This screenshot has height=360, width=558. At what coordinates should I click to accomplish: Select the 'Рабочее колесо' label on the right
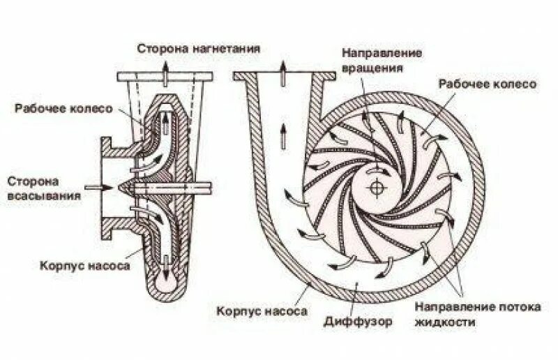tap(487, 84)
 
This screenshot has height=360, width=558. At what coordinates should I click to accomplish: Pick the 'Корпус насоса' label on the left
tap(79, 266)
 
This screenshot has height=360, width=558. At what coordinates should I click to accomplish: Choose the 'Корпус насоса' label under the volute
tap(261, 312)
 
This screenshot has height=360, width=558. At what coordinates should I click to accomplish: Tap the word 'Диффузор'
tap(358, 322)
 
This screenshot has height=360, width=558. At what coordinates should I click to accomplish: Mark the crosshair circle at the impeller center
tap(377, 188)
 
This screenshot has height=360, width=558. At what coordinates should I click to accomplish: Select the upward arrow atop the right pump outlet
tap(284, 68)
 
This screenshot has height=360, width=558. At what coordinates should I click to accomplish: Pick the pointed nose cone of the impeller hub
tap(125, 187)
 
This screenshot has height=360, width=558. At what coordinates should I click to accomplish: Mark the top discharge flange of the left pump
tap(165, 76)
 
